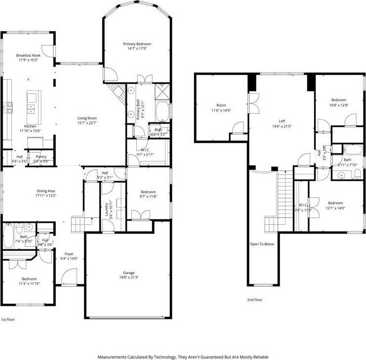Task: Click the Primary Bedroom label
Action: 137,44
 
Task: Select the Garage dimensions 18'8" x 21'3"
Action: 128,277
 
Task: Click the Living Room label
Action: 86,118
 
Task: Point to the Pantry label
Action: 41,157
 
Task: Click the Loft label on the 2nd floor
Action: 282,121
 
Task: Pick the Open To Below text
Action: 261,244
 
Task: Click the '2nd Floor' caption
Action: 254,300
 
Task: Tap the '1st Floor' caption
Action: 8,320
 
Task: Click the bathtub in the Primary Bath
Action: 163,112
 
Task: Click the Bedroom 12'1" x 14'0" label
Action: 335,203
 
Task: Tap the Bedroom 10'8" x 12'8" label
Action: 338,100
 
